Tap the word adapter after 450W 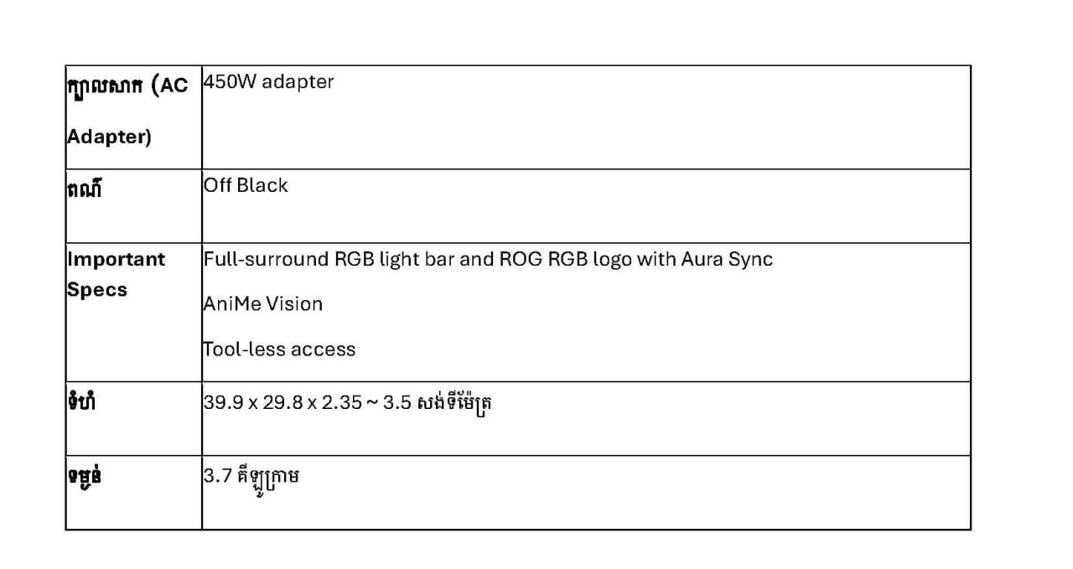point(298,82)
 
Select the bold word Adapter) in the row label point(109,137)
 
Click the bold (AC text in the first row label point(169,85)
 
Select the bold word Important point(116,260)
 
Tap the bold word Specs point(97,290)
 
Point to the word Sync point(750,260)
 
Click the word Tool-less point(244,349)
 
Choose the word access point(324,350)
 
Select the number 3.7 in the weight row point(218,476)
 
